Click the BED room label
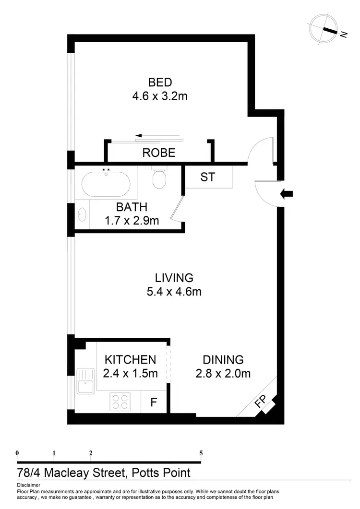point(160,82)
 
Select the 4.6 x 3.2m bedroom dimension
point(160,96)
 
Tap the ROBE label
point(159,153)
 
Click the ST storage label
point(207,177)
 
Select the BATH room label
point(132,207)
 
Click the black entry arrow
point(287,194)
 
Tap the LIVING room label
point(174,277)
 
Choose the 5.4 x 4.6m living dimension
point(174,291)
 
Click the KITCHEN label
point(131,359)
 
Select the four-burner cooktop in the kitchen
point(120,401)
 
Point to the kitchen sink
point(87,379)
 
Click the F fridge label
point(154,402)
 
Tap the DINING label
point(223,359)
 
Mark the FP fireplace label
point(260,402)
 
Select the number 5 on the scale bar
point(201,453)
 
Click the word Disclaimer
point(28,485)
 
